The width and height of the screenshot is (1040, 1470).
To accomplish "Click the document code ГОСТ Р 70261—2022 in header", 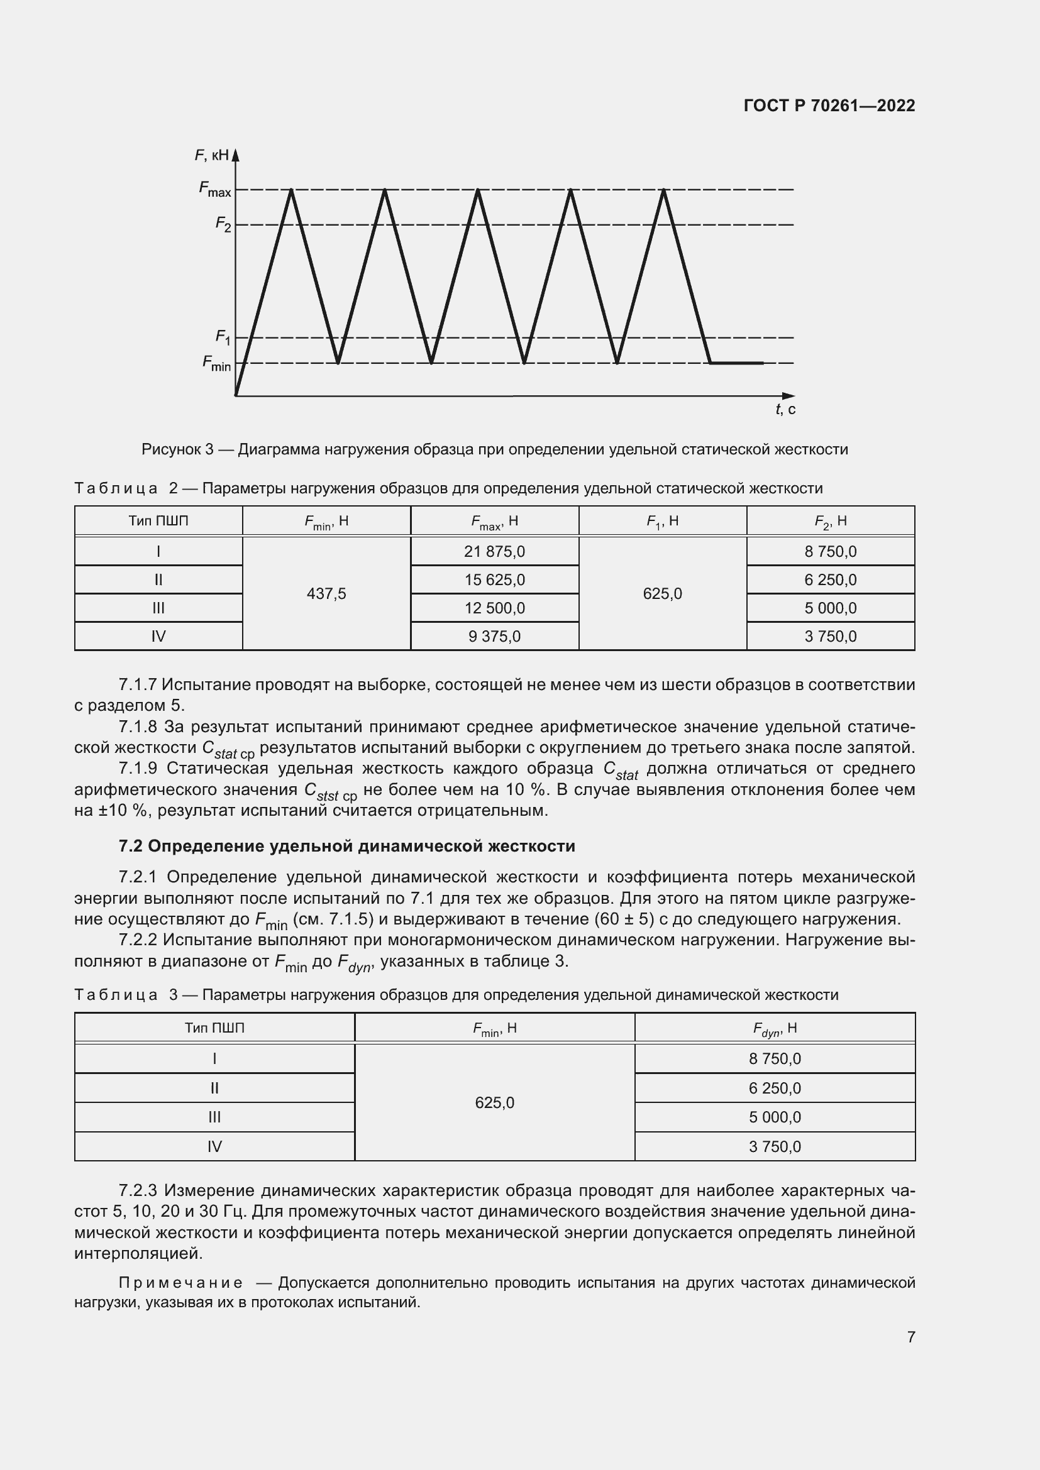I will [x=829, y=106].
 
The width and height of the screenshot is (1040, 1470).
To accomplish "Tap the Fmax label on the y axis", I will [x=214, y=189].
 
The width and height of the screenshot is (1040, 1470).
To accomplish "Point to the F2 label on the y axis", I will [x=223, y=224].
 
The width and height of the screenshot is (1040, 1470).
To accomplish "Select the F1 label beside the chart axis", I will [x=223, y=337].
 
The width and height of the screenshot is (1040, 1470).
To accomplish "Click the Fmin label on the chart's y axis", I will [x=216, y=363].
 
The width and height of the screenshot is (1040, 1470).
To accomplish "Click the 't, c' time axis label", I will [x=785, y=409].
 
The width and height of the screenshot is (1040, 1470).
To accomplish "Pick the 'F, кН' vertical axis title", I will [x=211, y=155].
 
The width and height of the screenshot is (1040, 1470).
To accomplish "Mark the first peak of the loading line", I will [x=292, y=190].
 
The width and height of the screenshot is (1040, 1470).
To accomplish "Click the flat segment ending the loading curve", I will [x=736, y=363].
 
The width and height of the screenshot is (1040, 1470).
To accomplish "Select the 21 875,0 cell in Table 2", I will [x=494, y=551].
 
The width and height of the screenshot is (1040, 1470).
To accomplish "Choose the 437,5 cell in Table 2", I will [x=326, y=593].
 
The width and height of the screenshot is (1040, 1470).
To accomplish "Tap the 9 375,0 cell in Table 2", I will [x=494, y=637].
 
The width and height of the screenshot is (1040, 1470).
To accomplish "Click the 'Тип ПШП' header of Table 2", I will [x=158, y=521].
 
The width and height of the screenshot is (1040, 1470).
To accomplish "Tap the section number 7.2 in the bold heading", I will [x=131, y=846].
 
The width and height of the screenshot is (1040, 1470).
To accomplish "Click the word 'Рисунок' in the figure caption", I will [x=171, y=449].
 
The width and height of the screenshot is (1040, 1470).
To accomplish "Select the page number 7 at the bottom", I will [x=910, y=1337].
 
